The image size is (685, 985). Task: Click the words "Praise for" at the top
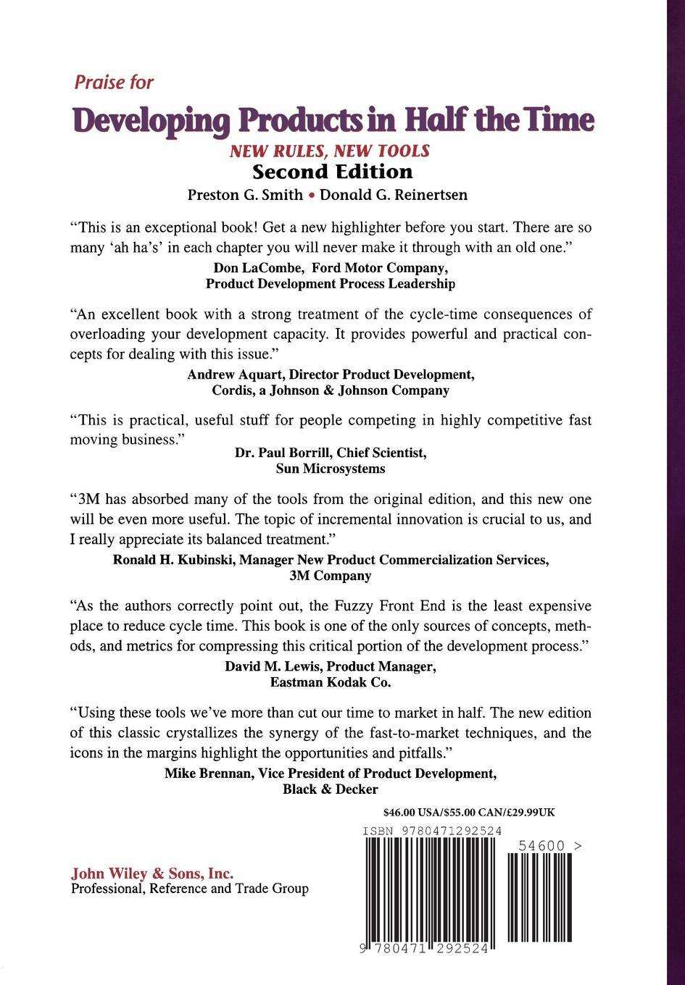[x=114, y=83]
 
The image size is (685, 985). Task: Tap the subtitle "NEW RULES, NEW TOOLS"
[x=330, y=151]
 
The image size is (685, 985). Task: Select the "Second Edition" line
[x=332, y=172]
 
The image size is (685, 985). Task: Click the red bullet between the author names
[x=311, y=196]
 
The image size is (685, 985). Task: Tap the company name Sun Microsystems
[x=331, y=469]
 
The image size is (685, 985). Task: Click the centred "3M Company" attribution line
[x=331, y=576]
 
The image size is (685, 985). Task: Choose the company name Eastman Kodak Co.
[x=331, y=682]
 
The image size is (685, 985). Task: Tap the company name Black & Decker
[x=331, y=789]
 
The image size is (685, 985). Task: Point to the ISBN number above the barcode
[x=432, y=831]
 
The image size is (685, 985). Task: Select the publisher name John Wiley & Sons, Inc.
[x=152, y=874]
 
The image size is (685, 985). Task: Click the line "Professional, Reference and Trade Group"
[x=190, y=889]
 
